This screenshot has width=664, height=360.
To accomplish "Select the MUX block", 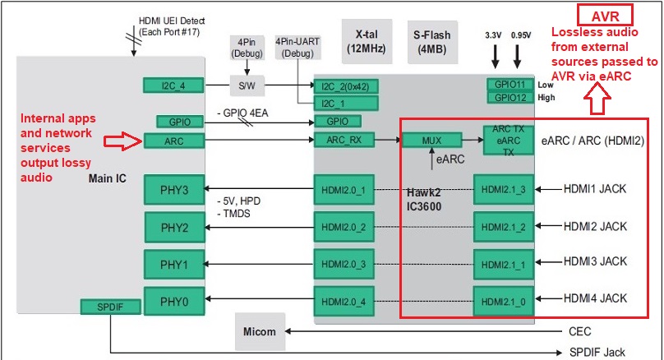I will click(x=431, y=140).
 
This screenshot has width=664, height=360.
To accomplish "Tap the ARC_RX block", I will click(x=344, y=140).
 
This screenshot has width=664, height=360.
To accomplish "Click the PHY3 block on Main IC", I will click(x=174, y=191).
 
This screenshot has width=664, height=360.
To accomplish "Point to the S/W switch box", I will click(x=247, y=85).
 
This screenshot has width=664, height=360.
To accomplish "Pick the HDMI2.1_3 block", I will click(x=504, y=189).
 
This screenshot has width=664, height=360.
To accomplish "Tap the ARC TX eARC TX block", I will click(x=508, y=140).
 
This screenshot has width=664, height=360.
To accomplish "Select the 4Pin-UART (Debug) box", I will click(x=297, y=46).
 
